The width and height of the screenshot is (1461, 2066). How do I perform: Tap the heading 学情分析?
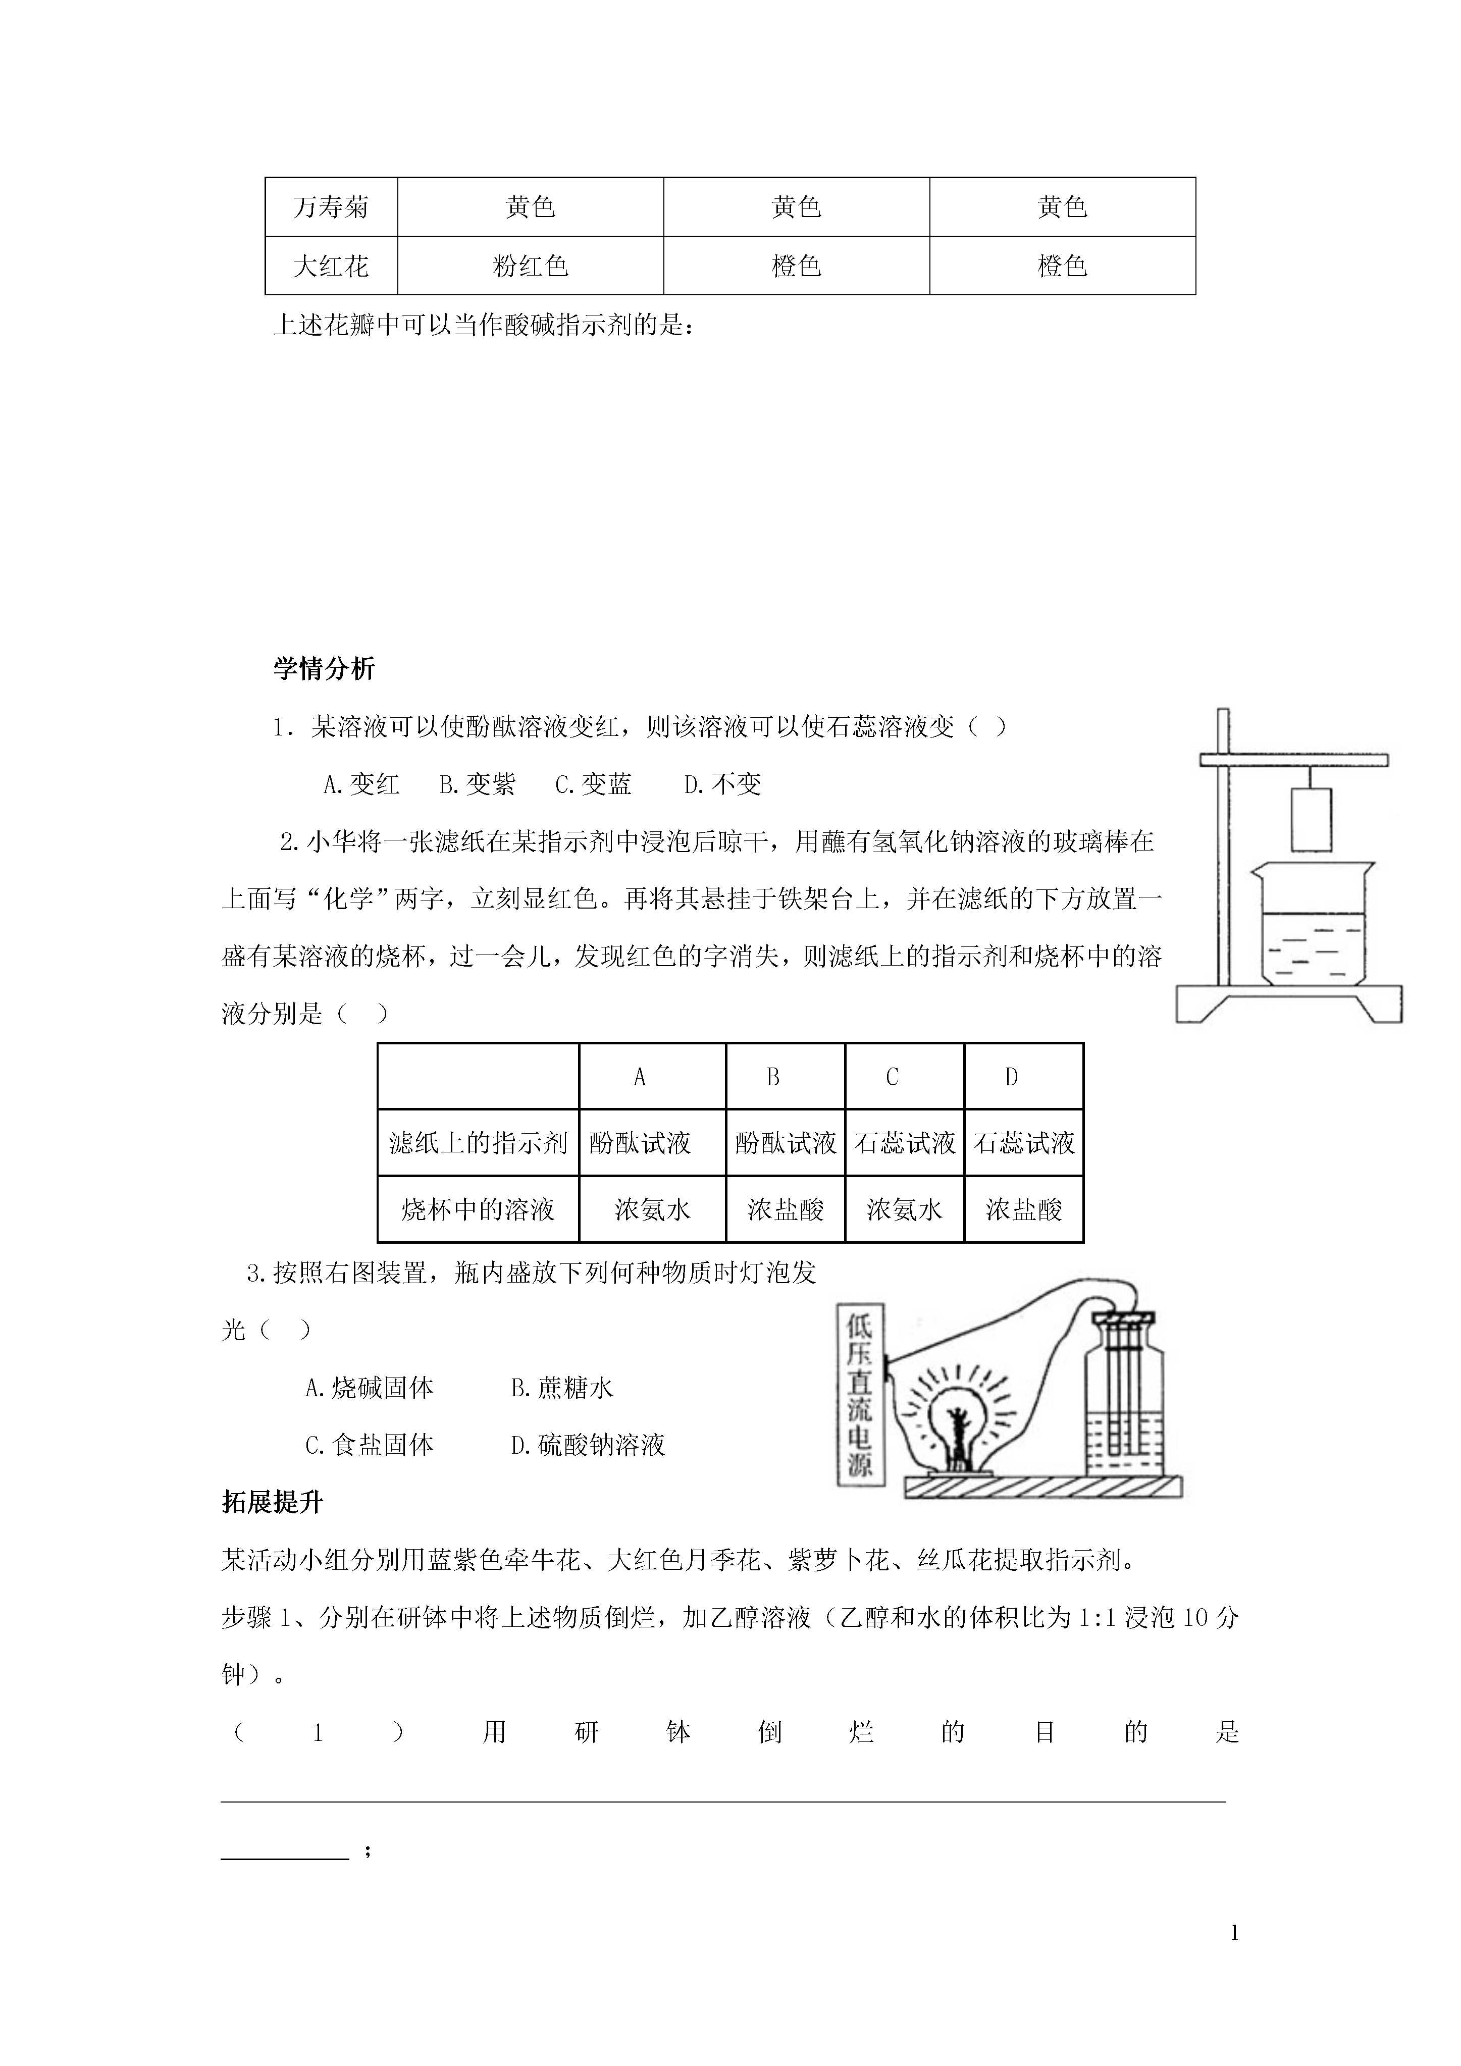[x=324, y=669]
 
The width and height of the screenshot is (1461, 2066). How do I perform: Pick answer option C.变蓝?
[x=593, y=784]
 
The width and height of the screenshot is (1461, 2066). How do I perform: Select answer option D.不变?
[x=723, y=784]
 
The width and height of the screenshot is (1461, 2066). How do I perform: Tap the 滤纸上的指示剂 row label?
[x=478, y=1143]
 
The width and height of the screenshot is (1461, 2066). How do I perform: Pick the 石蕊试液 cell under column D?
[x=1023, y=1143]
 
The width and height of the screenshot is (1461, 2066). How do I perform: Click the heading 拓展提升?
[x=272, y=1503]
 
